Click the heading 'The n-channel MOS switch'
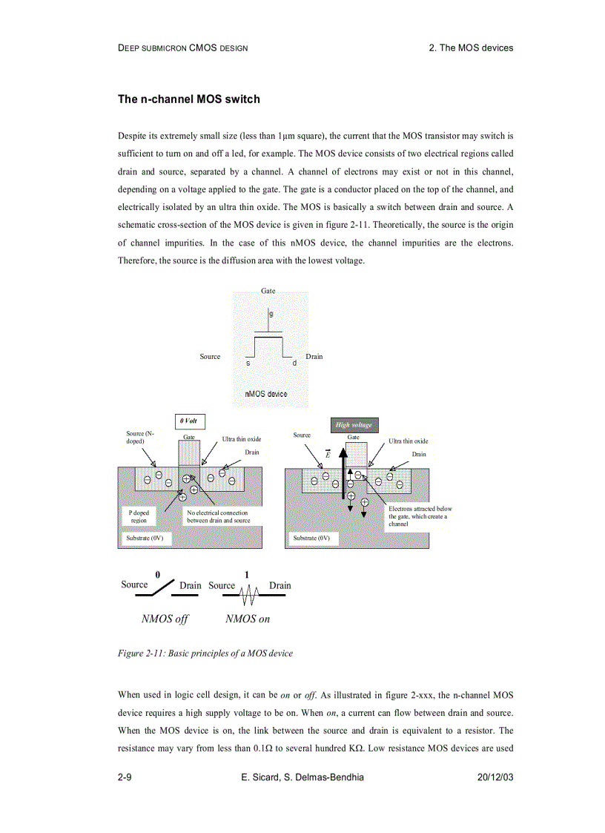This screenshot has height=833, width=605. click(188, 99)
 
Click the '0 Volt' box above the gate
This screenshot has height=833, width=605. click(190, 421)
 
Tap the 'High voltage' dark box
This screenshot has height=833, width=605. click(354, 425)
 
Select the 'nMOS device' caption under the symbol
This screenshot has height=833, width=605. click(265, 394)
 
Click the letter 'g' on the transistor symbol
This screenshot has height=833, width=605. click(271, 315)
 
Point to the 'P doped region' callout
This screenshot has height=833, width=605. click(139, 516)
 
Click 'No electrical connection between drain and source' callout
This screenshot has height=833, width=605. click(218, 516)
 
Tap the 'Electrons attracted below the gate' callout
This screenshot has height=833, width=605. click(419, 516)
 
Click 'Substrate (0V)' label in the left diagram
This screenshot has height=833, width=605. click(145, 538)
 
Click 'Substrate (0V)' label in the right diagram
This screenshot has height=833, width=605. click(311, 538)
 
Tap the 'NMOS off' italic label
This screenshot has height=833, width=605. click(165, 619)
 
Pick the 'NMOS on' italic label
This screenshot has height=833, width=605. click(247, 619)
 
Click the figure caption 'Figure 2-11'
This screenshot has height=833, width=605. click(205, 653)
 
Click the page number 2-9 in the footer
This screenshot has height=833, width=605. click(125, 777)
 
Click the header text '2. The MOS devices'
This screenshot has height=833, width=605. click(471, 47)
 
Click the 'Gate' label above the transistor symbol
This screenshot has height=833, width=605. click(268, 292)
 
